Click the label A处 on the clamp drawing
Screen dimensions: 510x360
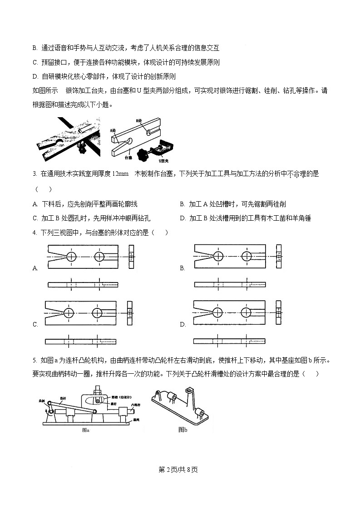(x=113, y=130)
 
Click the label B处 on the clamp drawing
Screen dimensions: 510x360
(x=139, y=121)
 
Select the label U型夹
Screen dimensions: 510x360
(x=164, y=161)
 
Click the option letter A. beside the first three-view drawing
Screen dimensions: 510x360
(x=35, y=268)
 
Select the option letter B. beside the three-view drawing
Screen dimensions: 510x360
(x=182, y=268)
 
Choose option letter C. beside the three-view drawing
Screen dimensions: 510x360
(x=35, y=324)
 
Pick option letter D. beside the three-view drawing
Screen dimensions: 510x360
(x=182, y=324)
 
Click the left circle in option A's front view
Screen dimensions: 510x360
(x=71, y=257)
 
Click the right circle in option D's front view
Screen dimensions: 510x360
(x=247, y=312)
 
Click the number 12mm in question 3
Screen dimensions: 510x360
(x=119, y=173)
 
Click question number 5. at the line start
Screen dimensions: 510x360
(x=35, y=361)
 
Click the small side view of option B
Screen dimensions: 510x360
(x=279, y=257)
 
